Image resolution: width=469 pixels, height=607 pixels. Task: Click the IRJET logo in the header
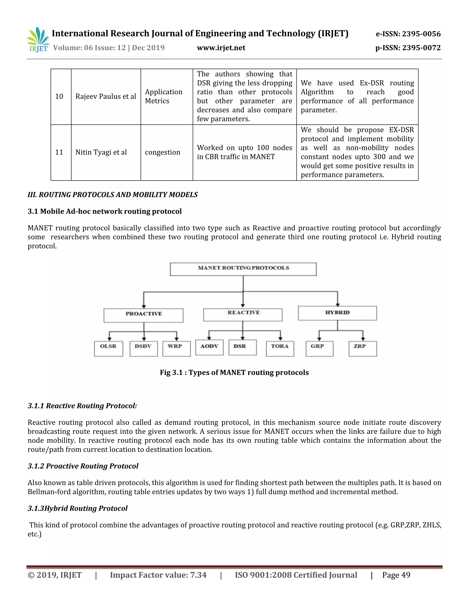(38, 40)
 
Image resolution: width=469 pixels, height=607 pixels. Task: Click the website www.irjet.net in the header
(221, 48)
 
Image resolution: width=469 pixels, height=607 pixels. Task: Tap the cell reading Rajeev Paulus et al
(106, 96)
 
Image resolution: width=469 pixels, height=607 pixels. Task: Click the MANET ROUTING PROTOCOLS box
(243, 269)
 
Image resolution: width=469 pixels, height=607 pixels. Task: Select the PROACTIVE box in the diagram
(143, 315)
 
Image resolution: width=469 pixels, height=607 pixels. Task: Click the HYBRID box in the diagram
(337, 313)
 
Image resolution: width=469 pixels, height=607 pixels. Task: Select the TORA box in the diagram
(280, 348)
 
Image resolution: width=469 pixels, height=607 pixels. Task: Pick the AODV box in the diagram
(209, 347)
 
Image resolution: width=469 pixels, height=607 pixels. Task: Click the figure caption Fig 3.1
(234, 372)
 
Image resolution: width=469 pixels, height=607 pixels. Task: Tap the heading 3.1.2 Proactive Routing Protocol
(83, 466)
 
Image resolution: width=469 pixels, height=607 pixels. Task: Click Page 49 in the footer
(396, 575)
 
